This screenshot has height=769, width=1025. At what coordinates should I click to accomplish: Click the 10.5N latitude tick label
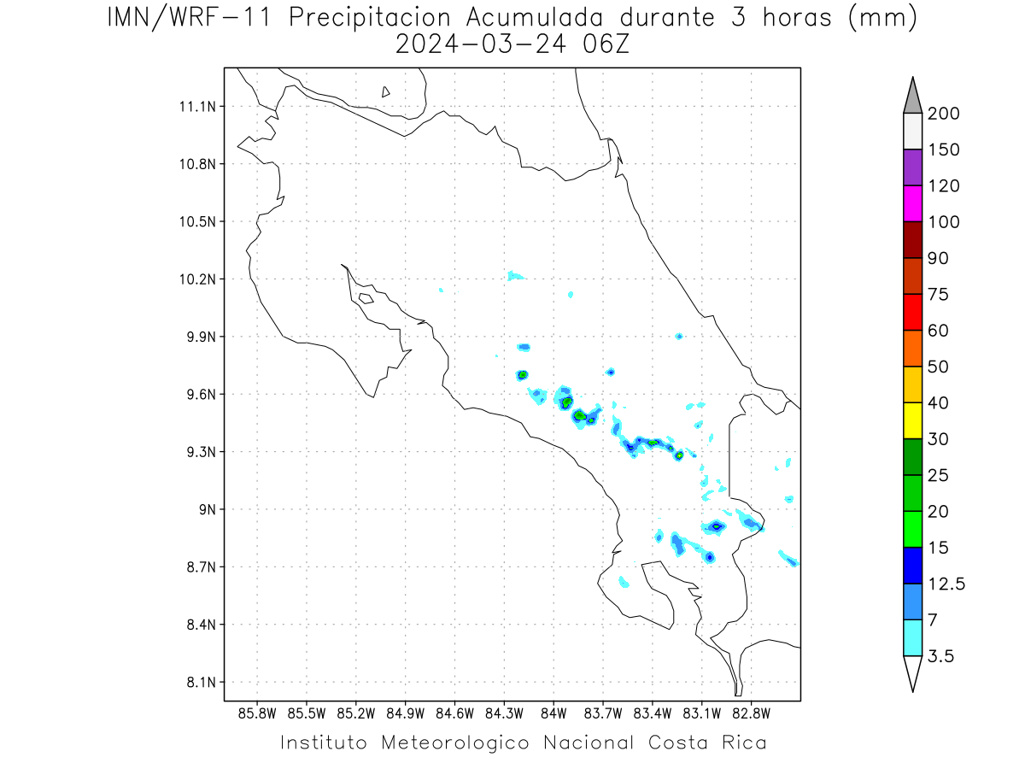coord(197,222)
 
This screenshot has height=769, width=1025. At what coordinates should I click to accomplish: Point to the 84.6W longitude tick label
coord(454,714)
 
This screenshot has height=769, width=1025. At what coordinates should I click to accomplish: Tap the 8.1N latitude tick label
coord(202,683)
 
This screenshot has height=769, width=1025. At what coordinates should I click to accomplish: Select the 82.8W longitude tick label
coord(751,714)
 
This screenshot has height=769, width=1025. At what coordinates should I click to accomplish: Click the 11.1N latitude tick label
coord(197,107)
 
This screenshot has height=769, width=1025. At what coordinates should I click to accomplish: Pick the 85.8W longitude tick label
coord(257,714)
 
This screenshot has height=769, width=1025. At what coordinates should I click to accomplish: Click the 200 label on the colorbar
coord(943,114)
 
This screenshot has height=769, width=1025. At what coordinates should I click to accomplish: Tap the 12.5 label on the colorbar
coord(946,584)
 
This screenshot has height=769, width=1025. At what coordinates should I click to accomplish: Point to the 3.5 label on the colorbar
coord(940,656)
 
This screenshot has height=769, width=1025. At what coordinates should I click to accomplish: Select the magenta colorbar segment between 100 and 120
coord(912,203)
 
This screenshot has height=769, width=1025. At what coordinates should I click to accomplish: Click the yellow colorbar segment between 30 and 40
coord(912,420)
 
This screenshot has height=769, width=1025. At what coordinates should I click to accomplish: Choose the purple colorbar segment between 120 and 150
coord(912,167)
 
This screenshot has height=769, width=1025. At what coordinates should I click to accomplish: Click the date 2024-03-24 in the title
coord(481,44)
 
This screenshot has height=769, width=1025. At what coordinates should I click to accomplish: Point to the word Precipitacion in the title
coord(370,18)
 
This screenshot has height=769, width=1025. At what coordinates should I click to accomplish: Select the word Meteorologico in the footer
coord(454,743)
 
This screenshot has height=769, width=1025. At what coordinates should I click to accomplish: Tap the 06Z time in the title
coord(606,44)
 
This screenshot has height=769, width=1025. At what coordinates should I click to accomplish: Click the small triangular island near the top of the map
coord(385,92)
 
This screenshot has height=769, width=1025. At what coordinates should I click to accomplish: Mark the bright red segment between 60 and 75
coord(912,312)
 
